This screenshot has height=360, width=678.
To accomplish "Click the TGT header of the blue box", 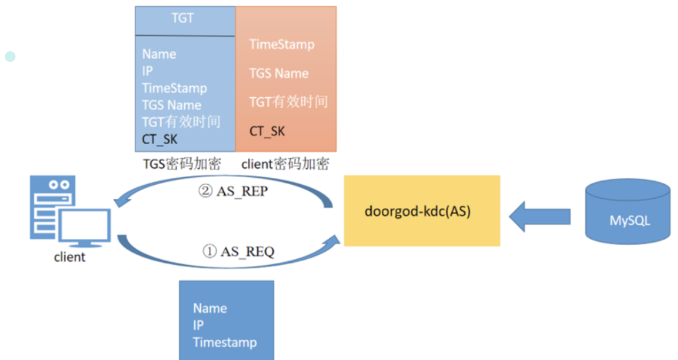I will (x=183, y=18).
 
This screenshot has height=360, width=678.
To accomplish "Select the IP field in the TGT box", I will (x=147, y=71).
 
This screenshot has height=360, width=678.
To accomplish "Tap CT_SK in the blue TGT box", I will (x=160, y=139).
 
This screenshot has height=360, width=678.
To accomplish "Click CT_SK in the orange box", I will (x=267, y=131).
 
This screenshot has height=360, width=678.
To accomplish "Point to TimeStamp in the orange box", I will (x=282, y=44).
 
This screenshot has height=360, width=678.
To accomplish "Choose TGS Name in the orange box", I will (x=279, y=73).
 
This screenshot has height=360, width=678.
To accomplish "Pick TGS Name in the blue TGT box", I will (x=171, y=105).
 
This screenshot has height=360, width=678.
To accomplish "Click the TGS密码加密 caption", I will (x=182, y=164).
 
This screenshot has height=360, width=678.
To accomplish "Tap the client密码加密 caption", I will (x=285, y=164).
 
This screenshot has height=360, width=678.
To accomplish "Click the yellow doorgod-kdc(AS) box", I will (x=422, y=211).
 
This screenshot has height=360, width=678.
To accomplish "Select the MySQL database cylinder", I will (x=627, y=212).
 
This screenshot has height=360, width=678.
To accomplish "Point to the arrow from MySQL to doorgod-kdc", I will (x=539, y=216).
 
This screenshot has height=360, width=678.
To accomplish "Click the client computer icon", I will (x=69, y=212).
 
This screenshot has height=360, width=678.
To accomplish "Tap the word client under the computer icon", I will (x=69, y=257).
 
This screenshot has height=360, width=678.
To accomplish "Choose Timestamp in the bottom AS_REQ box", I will (x=225, y=342).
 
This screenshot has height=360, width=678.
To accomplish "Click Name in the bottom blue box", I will (x=210, y=308).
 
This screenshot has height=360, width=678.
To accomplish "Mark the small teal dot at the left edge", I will (x=10, y=56).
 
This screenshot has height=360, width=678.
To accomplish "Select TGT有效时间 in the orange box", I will (x=288, y=102).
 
